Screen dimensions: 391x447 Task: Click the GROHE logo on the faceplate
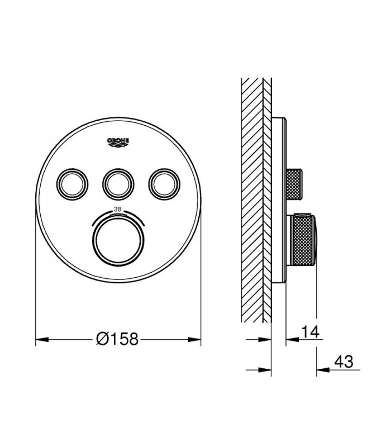(x=118, y=142)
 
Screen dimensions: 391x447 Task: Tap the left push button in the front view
(x=73, y=184)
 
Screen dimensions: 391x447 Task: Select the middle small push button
(x=118, y=184)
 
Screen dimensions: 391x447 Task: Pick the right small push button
(x=164, y=184)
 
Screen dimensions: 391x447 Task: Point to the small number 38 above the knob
(x=117, y=209)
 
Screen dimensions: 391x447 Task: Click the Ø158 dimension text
(x=117, y=339)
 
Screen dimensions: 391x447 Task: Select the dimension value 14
(x=311, y=332)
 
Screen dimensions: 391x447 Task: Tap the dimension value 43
(x=344, y=362)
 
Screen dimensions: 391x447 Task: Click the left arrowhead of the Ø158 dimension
(x=42, y=340)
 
